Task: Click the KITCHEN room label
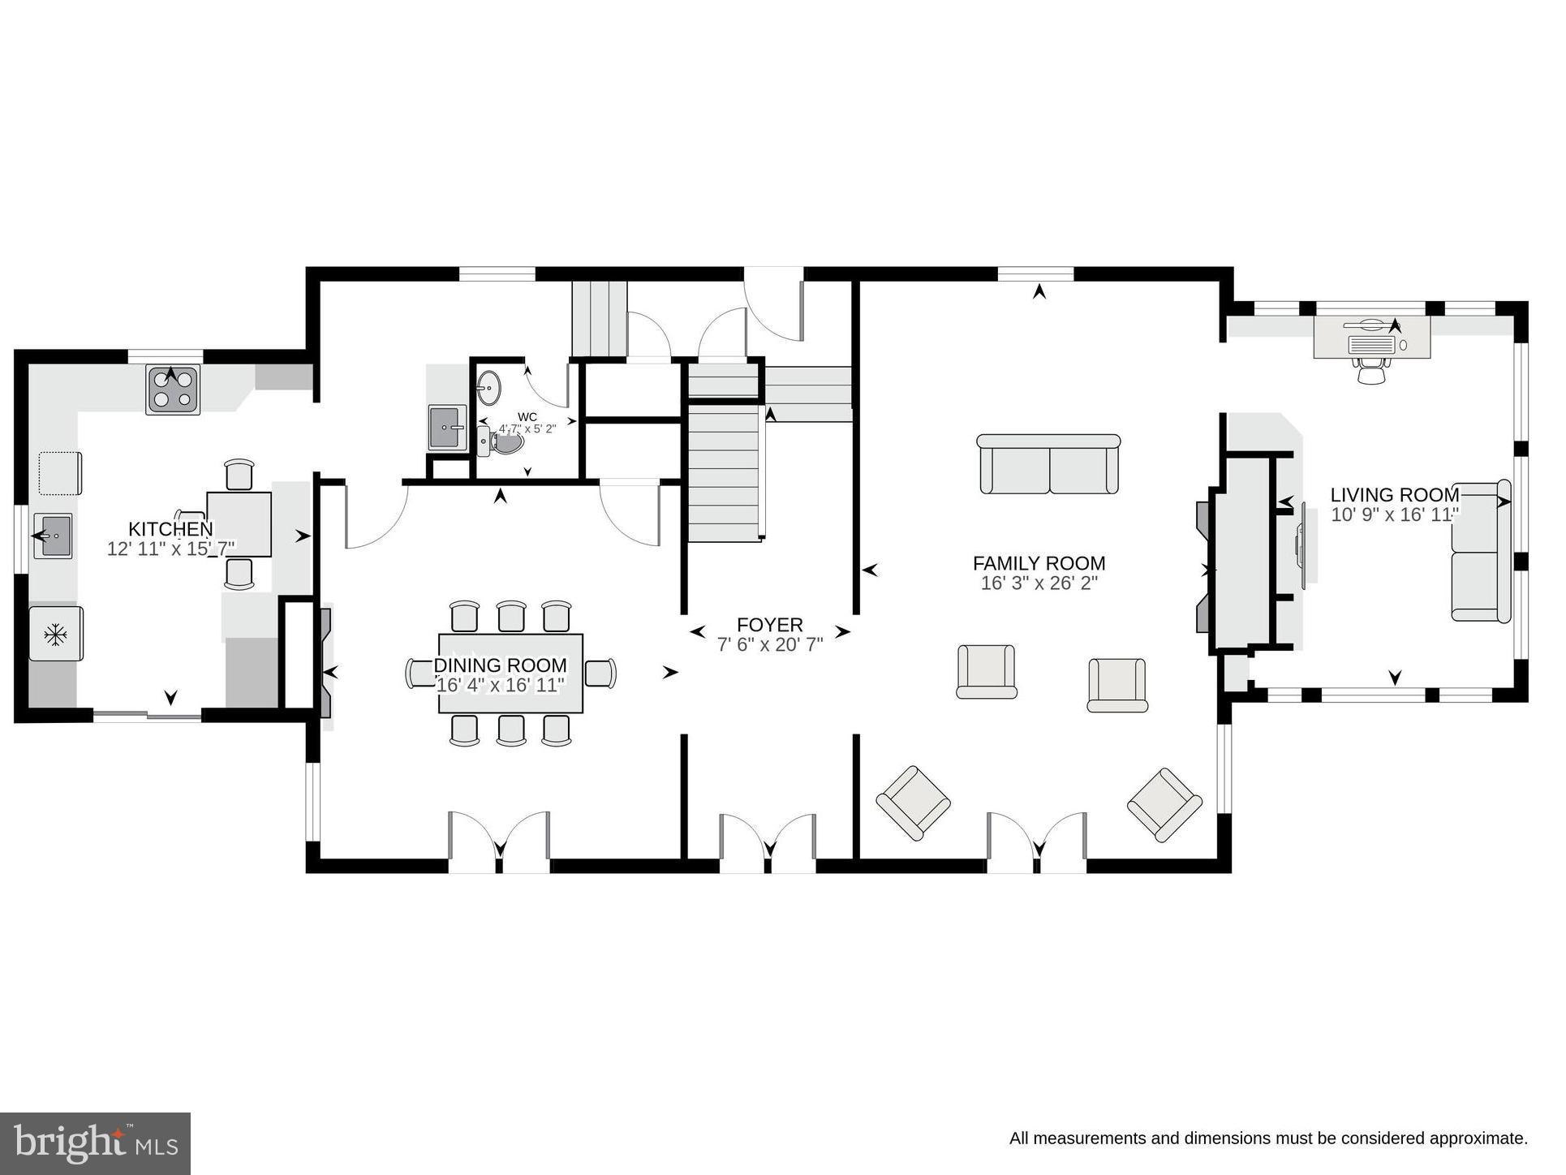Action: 170,530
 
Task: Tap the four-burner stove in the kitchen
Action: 173,390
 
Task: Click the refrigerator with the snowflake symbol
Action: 56,634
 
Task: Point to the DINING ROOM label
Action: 500,666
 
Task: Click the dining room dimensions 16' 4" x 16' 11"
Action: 500,686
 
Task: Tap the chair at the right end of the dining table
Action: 600,674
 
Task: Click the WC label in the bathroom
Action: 527,417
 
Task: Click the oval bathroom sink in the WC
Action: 489,388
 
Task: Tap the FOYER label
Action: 769,625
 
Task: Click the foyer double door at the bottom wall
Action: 768,844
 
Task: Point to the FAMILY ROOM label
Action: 1039,563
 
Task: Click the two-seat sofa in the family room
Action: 1048,465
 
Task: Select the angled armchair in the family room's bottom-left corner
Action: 913,803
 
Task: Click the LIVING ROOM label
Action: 1394,495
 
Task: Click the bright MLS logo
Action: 96,1143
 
